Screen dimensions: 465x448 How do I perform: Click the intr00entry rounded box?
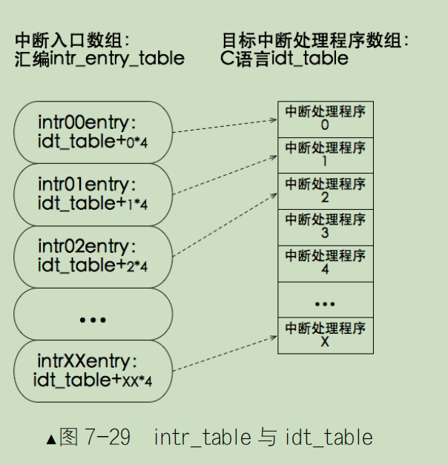tap(93, 131)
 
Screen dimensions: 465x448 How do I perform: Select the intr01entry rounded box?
tap(93, 193)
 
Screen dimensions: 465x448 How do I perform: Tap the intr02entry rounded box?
tap(93, 255)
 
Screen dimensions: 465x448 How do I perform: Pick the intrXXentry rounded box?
tap(93, 371)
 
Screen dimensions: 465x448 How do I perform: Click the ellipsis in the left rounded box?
tap(93, 317)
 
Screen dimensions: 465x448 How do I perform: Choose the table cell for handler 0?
tap(325, 119)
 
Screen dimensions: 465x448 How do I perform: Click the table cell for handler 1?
tap(325, 154)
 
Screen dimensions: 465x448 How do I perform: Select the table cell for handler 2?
tap(325, 191)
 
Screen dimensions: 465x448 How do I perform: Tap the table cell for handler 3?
tap(325, 227)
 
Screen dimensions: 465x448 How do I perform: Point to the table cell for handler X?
tap(325, 335)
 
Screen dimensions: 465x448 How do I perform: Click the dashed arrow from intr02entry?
tap(223, 221)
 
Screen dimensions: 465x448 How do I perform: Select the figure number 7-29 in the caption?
tap(108, 438)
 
